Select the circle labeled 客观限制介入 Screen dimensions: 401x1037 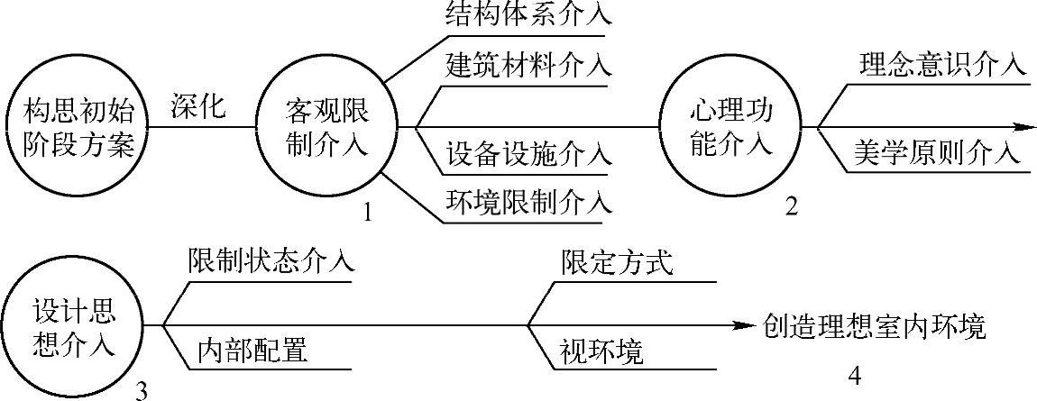pos(326,127)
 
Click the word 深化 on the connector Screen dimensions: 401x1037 pos(197,105)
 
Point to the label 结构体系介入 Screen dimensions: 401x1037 pos(528,16)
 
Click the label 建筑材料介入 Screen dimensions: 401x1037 pos(528,65)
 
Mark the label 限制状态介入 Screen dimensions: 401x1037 pos(271,261)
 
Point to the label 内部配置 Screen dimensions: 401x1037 pos(252,350)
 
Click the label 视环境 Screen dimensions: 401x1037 pos(601,351)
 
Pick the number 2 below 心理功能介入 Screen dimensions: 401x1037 pos(792,207)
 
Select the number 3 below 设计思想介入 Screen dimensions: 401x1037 pos(141,389)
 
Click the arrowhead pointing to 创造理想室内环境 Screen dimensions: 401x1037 pos(743,325)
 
